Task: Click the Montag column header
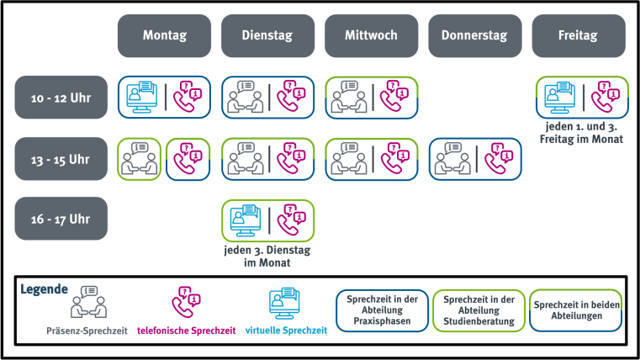coord(164,36)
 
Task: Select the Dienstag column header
coord(267,36)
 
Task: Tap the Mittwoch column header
coord(371,36)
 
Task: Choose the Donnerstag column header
coord(474,36)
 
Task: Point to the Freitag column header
coord(579,36)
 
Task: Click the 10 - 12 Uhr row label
coord(61,98)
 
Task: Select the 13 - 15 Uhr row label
coord(61,158)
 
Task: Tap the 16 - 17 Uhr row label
coord(61,219)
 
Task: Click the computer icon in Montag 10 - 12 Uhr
coord(140,97)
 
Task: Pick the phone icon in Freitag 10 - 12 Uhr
coord(605,97)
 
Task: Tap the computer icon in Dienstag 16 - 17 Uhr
coord(244,220)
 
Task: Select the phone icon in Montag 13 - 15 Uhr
coord(188,158)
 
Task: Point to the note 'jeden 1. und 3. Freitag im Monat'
coord(580,132)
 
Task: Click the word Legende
coord(44,289)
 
